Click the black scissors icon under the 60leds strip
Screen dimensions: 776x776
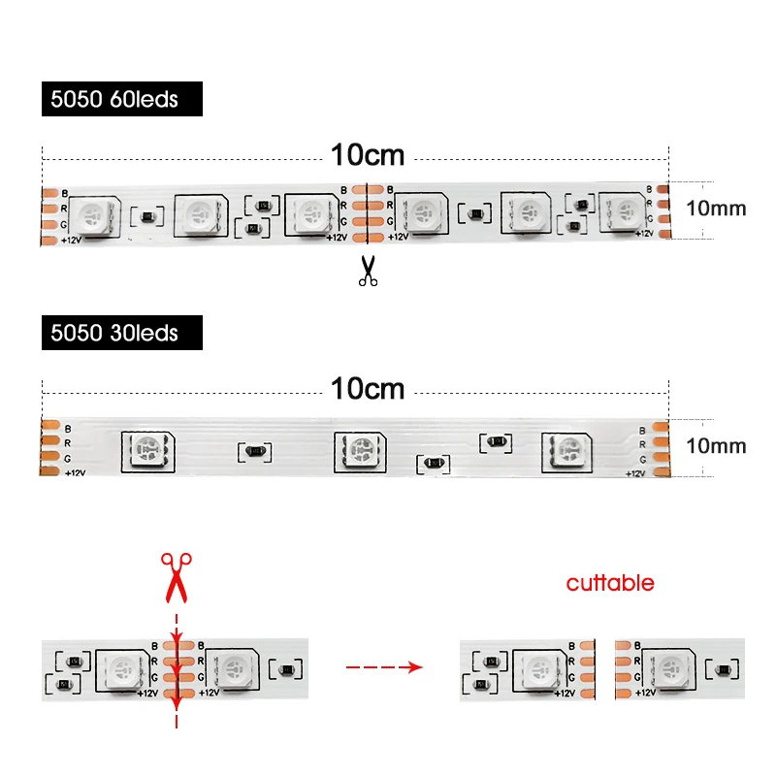click(367, 271)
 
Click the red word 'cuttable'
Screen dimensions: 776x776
click(610, 583)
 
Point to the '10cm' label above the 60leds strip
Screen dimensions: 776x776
click(367, 154)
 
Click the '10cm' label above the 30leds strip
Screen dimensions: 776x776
click(367, 389)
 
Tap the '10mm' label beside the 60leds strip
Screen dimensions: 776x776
click(716, 208)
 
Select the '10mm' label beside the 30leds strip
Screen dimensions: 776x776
click(716, 445)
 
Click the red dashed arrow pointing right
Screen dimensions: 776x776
click(385, 667)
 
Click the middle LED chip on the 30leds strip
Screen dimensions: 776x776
click(359, 450)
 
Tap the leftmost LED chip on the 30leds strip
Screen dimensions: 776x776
click(147, 450)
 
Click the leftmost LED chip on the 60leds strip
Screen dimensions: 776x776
click(93, 215)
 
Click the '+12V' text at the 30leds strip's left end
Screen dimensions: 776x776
click(75, 472)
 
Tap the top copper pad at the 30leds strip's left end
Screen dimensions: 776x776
click(50, 427)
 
